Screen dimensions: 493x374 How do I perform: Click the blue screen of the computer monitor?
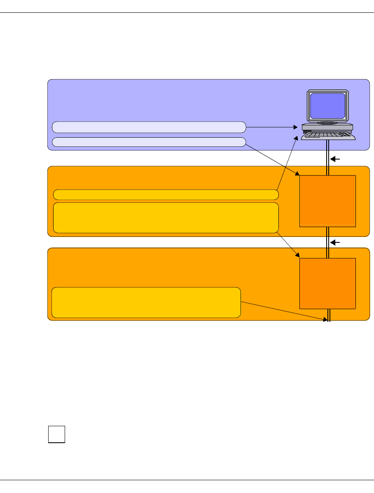327,106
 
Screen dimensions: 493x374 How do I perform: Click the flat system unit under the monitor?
327,127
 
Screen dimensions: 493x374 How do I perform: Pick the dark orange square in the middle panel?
327,201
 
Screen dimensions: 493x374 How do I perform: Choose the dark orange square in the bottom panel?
327,283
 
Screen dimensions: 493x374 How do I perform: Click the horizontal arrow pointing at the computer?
272,127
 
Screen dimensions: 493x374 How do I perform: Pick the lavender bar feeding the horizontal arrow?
149,127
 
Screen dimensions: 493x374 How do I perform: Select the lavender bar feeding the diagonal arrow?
149,142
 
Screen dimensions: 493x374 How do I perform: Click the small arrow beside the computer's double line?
336,159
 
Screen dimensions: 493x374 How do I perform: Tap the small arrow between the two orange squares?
336,243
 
